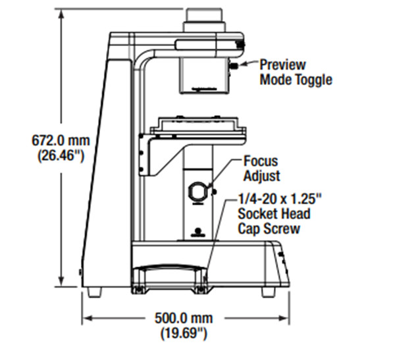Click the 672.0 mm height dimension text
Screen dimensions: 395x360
(61, 140)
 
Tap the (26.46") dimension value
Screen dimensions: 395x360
(61, 155)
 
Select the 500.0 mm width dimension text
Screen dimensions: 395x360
(184, 318)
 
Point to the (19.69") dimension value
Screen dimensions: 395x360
(184, 333)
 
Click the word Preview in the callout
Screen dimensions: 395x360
(282, 64)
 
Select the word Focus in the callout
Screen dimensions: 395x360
(261, 161)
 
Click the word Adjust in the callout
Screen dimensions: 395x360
(262, 176)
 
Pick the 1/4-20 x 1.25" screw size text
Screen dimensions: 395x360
(280, 199)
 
